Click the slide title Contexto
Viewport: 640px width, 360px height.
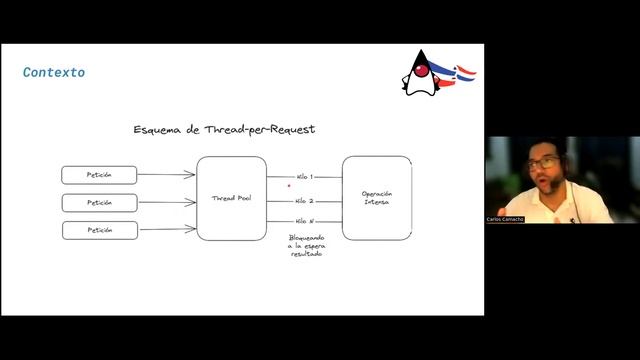[x=54, y=72]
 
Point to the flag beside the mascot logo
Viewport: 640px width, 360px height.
[x=464, y=73]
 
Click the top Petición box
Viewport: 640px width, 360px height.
[x=99, y=175]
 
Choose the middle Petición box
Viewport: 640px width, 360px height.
[x=99, y=203]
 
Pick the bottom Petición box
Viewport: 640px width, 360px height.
[x=99, y=231]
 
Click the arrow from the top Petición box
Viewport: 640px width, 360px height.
[x=166, y=175]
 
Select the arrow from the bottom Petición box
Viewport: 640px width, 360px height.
[x=166, y=231]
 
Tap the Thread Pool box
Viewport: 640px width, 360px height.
[x=231, y=198]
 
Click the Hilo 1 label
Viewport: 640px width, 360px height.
[x=304, y=176]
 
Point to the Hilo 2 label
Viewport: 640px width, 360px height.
[x=304, y=200]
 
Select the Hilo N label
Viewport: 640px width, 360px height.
[x=304, y=221]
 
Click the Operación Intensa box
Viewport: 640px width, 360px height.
[x=377, y=197]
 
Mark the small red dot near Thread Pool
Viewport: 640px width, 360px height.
[x=289, y=185]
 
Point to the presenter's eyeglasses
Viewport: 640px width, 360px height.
[x=543, y=162]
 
